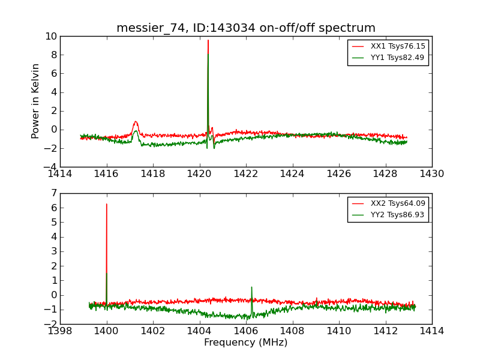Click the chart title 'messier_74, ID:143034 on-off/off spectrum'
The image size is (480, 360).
[246, 28]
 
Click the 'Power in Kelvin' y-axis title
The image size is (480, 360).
[36, 101]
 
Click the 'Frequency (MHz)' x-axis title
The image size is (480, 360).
[245, 343]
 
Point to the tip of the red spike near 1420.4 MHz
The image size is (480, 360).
[208, 40]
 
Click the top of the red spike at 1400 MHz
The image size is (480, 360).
[107, 204]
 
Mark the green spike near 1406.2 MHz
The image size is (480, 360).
[251, 287]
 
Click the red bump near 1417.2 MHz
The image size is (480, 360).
[136, 122]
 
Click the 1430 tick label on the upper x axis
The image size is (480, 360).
[431, 174]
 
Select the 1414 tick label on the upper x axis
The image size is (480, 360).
[61, 174]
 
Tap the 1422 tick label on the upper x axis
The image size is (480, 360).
[246, 174]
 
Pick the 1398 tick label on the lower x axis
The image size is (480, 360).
[61, 331]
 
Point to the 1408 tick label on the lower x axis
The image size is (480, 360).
[292, 331]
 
